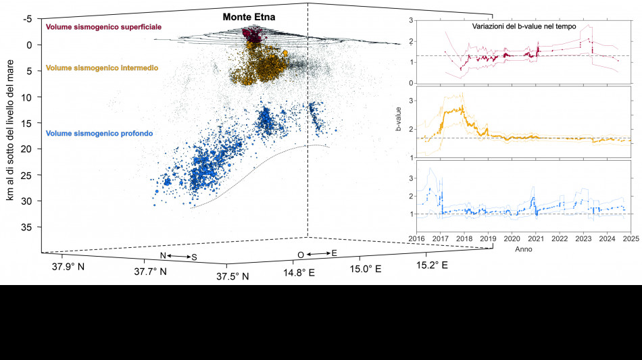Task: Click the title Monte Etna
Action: point(249,16)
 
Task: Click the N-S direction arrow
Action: point(178,256)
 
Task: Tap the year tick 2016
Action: point(416,238)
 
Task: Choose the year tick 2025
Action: point(631,238)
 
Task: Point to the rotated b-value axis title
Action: point(399,119)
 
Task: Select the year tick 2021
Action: point(536,238)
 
